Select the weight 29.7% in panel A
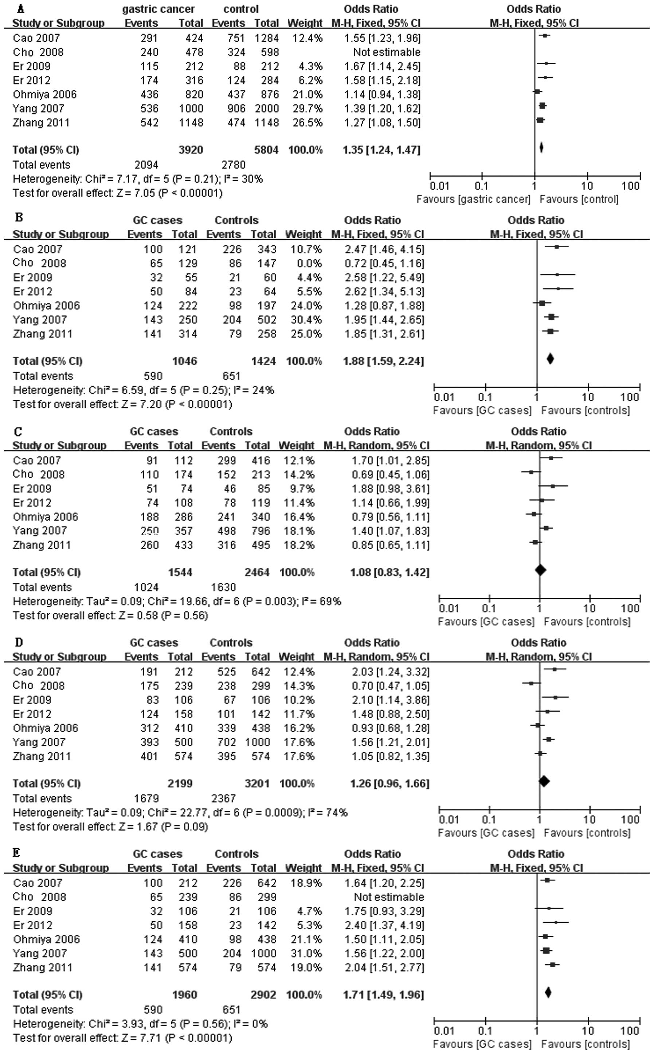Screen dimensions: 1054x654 [x=307, y=109]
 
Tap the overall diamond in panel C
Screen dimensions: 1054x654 [x=540, y=570]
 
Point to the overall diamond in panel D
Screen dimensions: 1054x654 [x=544, y=781]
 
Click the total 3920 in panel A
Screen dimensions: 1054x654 [x=191, y=150]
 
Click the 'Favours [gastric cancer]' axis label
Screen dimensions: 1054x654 [x=473, y=199]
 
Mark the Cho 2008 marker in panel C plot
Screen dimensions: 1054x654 [x=531, y=472]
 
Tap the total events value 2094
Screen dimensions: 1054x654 [x=146, y=165]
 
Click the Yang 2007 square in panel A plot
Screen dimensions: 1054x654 [x=543, y=106]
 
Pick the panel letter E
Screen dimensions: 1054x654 [x=16, y=853]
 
